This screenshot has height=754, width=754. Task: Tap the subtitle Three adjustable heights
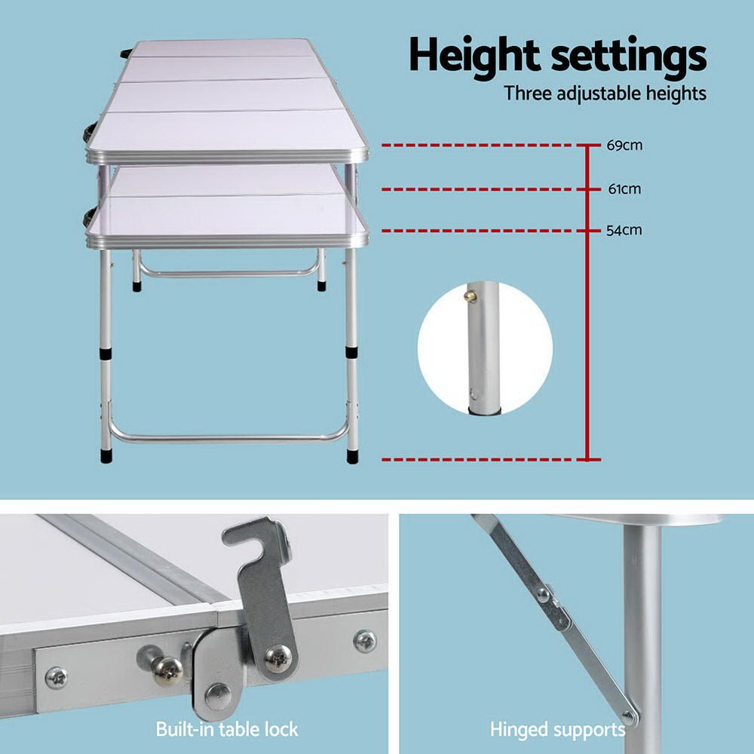[605, 94]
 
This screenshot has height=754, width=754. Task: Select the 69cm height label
[624, 146]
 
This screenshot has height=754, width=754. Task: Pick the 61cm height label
[624, 189]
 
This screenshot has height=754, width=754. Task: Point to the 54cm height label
[624, 230]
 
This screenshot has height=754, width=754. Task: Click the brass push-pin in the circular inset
[470, 296]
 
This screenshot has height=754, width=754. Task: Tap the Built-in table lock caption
[227, 729]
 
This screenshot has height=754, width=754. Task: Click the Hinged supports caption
[557, 729]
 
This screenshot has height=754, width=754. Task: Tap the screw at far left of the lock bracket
[57, 677]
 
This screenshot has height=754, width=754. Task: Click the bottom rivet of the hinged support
[628, 717]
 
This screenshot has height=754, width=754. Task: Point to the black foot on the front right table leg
[352, 455]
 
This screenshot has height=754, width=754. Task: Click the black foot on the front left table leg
[106, 455]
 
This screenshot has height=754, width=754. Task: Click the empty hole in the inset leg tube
[473, 393]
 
